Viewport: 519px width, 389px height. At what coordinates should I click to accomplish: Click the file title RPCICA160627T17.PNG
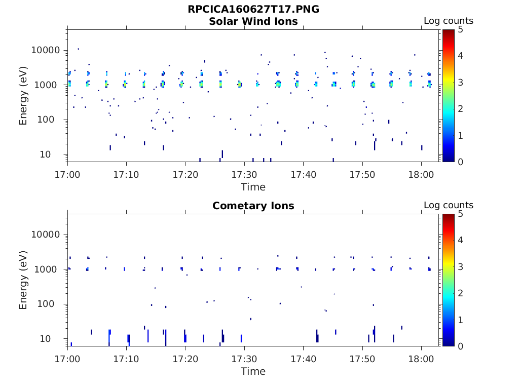[253, 9]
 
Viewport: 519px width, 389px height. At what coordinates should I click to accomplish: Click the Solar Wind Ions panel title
[253, 21]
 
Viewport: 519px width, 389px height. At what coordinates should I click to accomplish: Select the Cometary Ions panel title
[253, 206]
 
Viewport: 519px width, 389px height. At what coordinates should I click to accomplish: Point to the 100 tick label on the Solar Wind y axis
[52, 120]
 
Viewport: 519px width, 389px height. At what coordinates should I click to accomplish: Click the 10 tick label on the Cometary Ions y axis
[55, 339]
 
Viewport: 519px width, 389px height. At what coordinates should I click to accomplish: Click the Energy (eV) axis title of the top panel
[23, 96]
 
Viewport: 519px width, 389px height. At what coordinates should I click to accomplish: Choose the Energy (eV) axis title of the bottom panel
[23, 280]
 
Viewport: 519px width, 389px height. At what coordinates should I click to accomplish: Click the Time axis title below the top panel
[253, 187]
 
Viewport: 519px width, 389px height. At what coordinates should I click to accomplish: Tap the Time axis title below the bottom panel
[253, 371]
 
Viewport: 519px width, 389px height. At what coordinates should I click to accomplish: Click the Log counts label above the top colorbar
[448, 21]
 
